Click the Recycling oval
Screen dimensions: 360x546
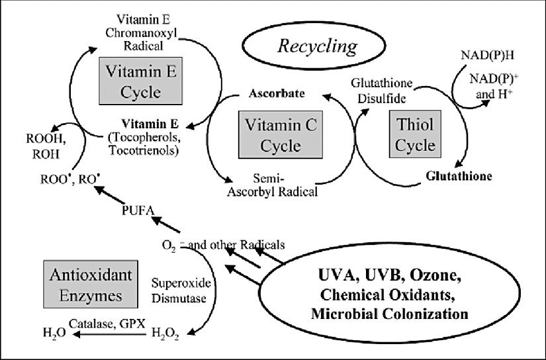pyautogui.click(x=317, y=47)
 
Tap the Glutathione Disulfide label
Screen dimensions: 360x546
pyautogui.click(x=382, y=91)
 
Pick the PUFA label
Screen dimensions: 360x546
pyautogui.click(x=136, y=212)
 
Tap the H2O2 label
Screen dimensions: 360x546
pyautogui.click(x=165, y=333)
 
